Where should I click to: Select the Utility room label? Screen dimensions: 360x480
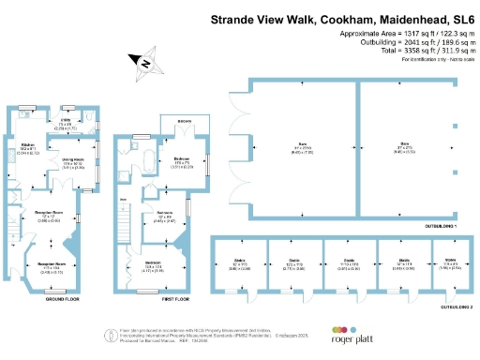point(67,121)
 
